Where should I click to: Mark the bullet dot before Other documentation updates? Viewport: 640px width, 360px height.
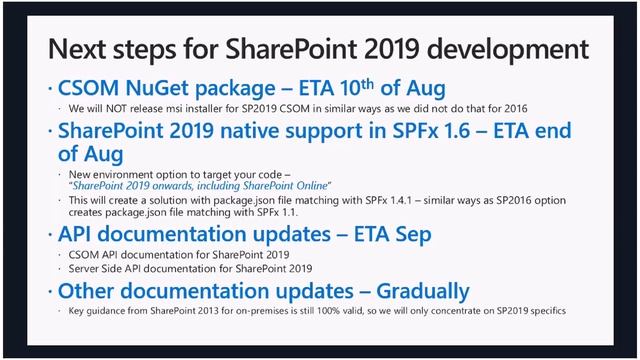tap(51, 292)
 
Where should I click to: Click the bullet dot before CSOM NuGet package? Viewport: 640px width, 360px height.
tap(51, 89)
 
